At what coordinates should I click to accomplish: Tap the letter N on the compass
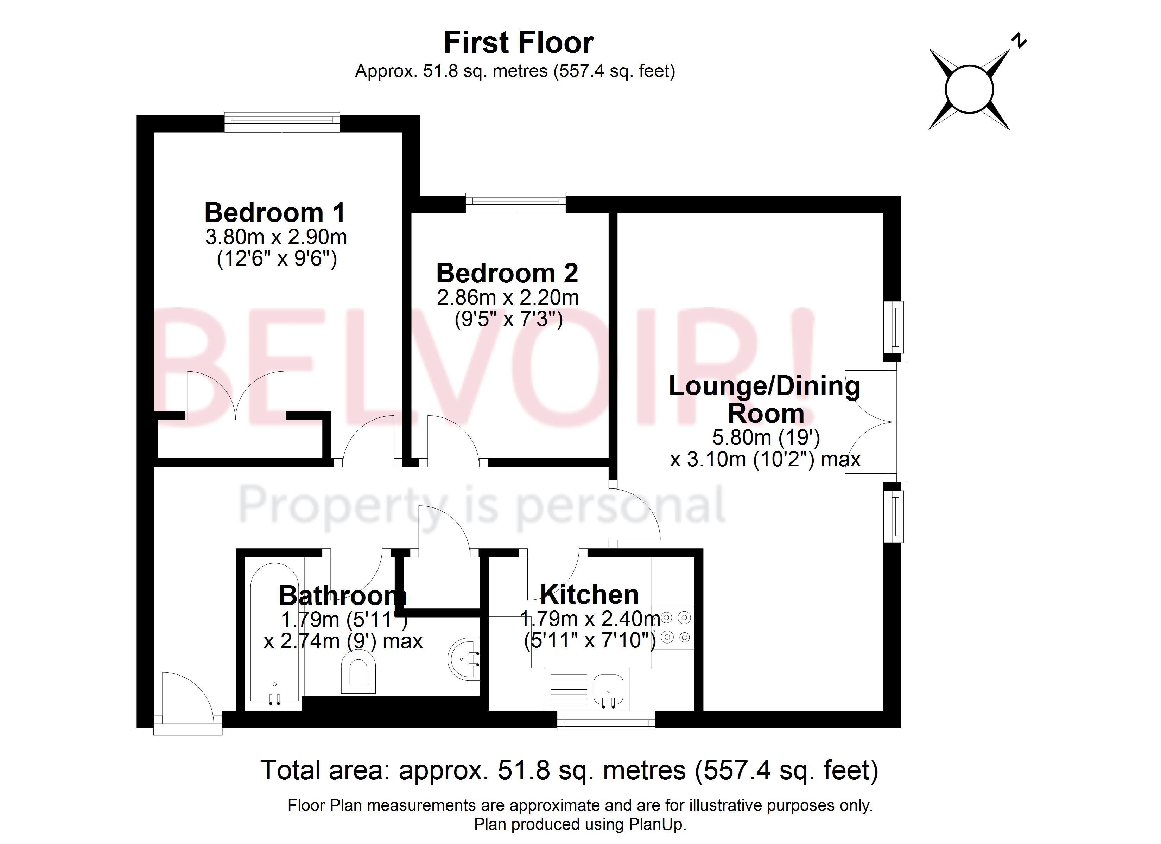coord(1019,41)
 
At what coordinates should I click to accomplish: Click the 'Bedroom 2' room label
coord(507,273)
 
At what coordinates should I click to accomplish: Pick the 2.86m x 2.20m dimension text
coord(507,298)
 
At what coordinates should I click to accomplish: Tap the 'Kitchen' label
coord(589,595)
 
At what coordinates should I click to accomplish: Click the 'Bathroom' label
coord(342,596)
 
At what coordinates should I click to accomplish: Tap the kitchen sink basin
coord(608,689)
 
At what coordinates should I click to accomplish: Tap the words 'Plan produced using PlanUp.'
coord(580,825)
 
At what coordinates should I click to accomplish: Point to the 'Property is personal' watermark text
coord(482,506)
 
